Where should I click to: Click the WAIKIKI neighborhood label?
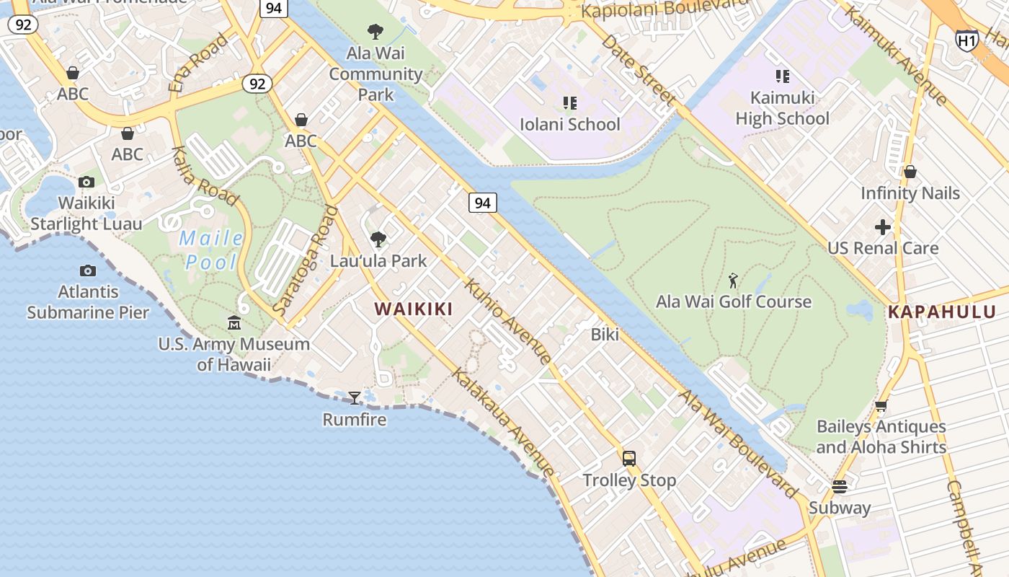click(414, 309)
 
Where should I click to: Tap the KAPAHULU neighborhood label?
click(941, 312)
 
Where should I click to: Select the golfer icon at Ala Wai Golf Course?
click(733, 281)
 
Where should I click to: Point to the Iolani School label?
click(569, 124)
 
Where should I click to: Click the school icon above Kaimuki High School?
click(782, 76)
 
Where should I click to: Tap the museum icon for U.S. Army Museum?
click(234, 323)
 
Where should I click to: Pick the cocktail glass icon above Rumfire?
click(354, 397)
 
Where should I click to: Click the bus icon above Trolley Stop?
click(629, 458)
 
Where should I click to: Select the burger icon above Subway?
click(839, 486)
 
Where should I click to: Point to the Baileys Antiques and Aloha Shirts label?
click(881, 436)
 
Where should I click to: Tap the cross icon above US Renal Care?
click(882, 228)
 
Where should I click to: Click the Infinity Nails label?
click(910, 193)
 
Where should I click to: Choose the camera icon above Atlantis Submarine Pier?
click(88, 270)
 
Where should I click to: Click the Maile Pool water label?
click(210, 250)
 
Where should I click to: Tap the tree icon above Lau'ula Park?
click(378, 239)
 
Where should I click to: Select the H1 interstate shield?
click(966, 40)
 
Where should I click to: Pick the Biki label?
click(605, 334)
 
